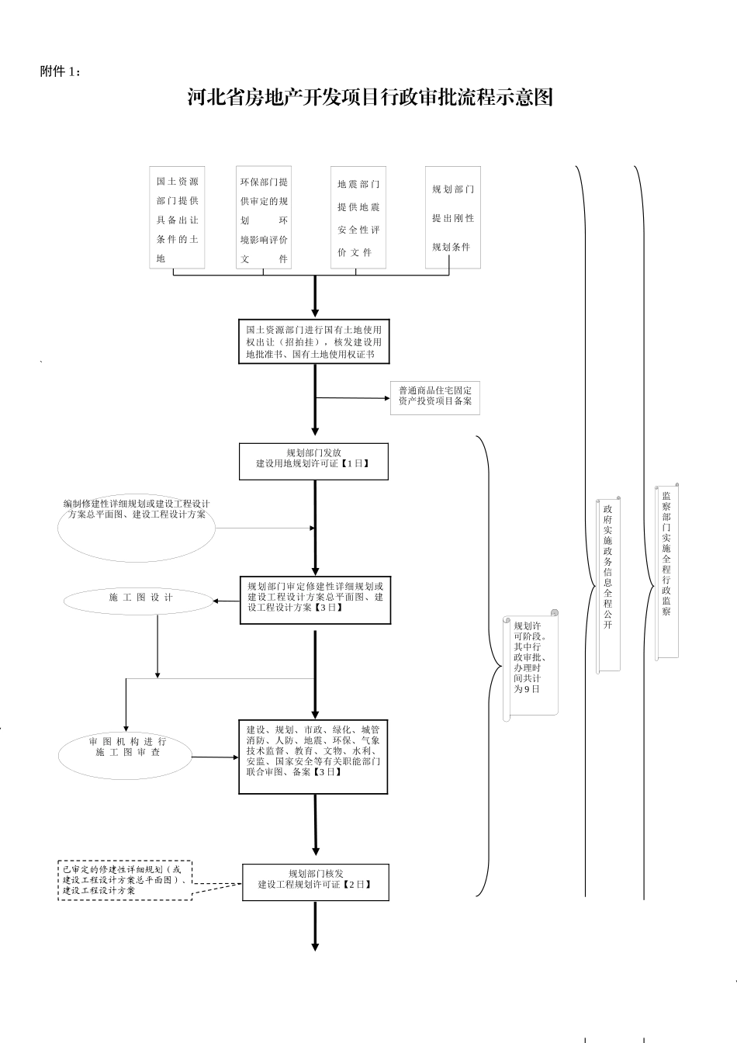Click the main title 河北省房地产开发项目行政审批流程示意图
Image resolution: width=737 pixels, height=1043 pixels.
(370, 98)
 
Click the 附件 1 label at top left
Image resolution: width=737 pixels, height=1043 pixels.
(60, 71)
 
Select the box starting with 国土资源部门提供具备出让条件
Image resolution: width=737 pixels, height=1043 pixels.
(177, 218)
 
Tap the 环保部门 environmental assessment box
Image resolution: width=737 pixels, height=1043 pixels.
(264, 218)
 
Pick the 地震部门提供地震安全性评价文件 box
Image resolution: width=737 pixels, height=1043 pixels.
(358, 218)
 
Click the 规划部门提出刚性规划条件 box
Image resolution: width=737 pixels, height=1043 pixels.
(453, 218)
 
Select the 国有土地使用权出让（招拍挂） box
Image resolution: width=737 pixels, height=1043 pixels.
(314, 341)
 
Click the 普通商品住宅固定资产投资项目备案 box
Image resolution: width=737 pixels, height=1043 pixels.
(435, 397)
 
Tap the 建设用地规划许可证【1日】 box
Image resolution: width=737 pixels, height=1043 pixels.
(313, 462)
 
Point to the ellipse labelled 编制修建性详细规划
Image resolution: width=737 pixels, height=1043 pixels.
(136, 528)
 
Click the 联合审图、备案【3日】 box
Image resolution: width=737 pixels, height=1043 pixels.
(313, 757)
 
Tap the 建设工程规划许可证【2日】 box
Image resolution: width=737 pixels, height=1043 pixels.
(315, 882)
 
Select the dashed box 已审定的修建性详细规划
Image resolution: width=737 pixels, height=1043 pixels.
(125, 879)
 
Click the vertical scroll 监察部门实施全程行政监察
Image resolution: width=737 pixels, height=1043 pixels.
(666, 571)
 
